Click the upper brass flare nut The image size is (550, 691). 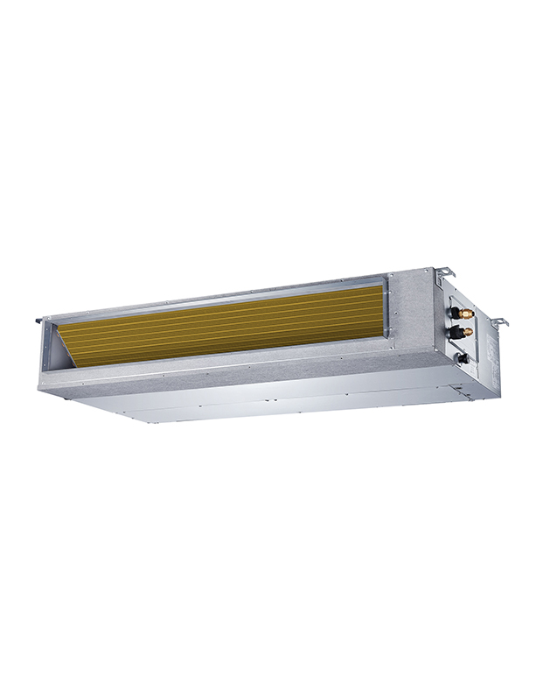pos(468,312)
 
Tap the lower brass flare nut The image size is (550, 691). pos(468,332)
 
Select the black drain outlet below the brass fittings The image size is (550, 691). pos(463,357)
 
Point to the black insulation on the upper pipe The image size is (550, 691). pos(456,310)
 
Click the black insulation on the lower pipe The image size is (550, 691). pos(456,331)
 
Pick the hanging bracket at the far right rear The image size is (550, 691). pos(498,321)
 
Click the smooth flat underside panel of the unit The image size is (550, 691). pos(262,398)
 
